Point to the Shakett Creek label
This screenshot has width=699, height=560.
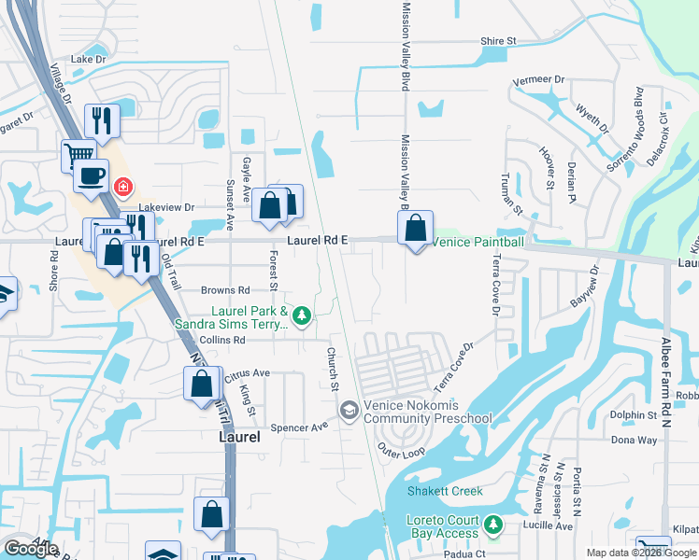[445, 491]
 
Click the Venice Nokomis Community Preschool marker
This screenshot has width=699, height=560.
[349, 410]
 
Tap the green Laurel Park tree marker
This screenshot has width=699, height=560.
[301, 317]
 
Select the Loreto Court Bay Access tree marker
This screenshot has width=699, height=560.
[494, 526]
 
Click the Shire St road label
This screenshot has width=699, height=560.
[498, 41]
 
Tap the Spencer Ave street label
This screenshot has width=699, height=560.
[299, 427]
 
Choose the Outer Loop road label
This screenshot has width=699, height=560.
[401, 452]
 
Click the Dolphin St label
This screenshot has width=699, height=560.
[634, 414]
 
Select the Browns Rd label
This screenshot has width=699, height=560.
[225, 290]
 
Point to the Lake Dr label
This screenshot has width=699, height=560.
[89, 59]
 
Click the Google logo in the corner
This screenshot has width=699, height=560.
[31, 549]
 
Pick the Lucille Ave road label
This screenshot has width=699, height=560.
[550, 526]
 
